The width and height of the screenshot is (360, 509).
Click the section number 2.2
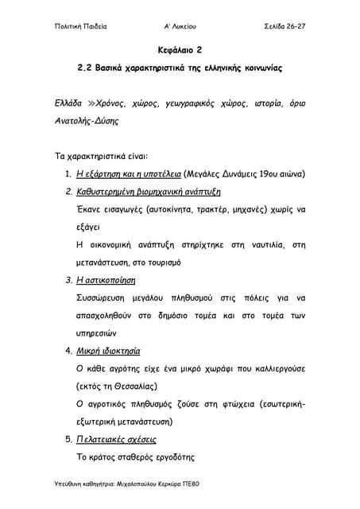point(85,69)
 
